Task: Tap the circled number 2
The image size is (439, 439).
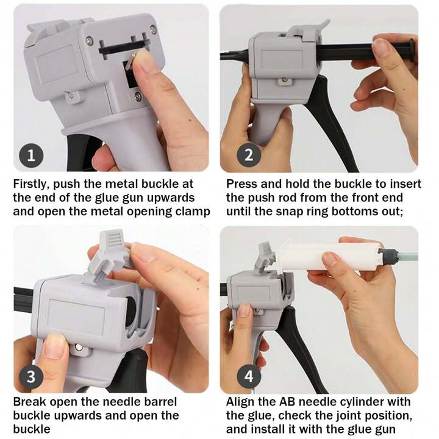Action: pos(248,155)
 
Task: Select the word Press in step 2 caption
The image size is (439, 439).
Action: pos(242,184)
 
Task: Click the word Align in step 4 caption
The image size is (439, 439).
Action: pos(241,402)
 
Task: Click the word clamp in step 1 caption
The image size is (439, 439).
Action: pos(195,212)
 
